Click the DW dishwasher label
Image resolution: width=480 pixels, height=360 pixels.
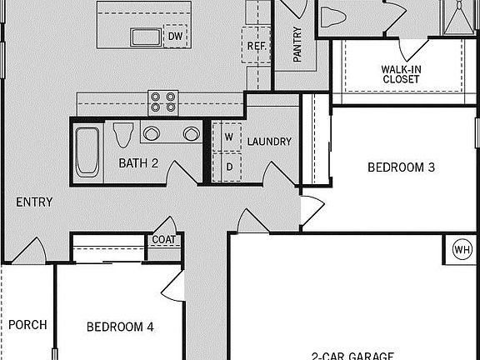click(x=176, y=37)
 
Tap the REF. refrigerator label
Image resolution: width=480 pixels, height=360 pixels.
click(x=256, y=47)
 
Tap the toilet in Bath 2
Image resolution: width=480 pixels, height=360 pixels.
click(x=123, y=133)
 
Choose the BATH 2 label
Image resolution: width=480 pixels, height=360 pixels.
click(x=137, y=163)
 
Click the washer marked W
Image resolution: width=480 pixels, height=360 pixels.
click(x=227, y=137)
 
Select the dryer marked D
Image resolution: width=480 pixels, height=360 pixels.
click(x=227, y=166)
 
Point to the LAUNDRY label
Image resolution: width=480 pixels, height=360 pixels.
click(x=269, y=142)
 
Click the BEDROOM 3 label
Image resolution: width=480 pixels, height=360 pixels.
click(x=402, y=167)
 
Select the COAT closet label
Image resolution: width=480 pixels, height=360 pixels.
click(x=162, y=241)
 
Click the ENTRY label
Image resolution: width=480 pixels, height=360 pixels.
click(x=34, y=202)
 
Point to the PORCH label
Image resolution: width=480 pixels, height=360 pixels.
click(x=27, y=325)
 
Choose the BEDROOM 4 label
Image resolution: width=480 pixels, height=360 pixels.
click(x=120, y=327)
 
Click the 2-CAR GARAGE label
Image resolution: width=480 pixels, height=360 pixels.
click(x=352, y=354)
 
